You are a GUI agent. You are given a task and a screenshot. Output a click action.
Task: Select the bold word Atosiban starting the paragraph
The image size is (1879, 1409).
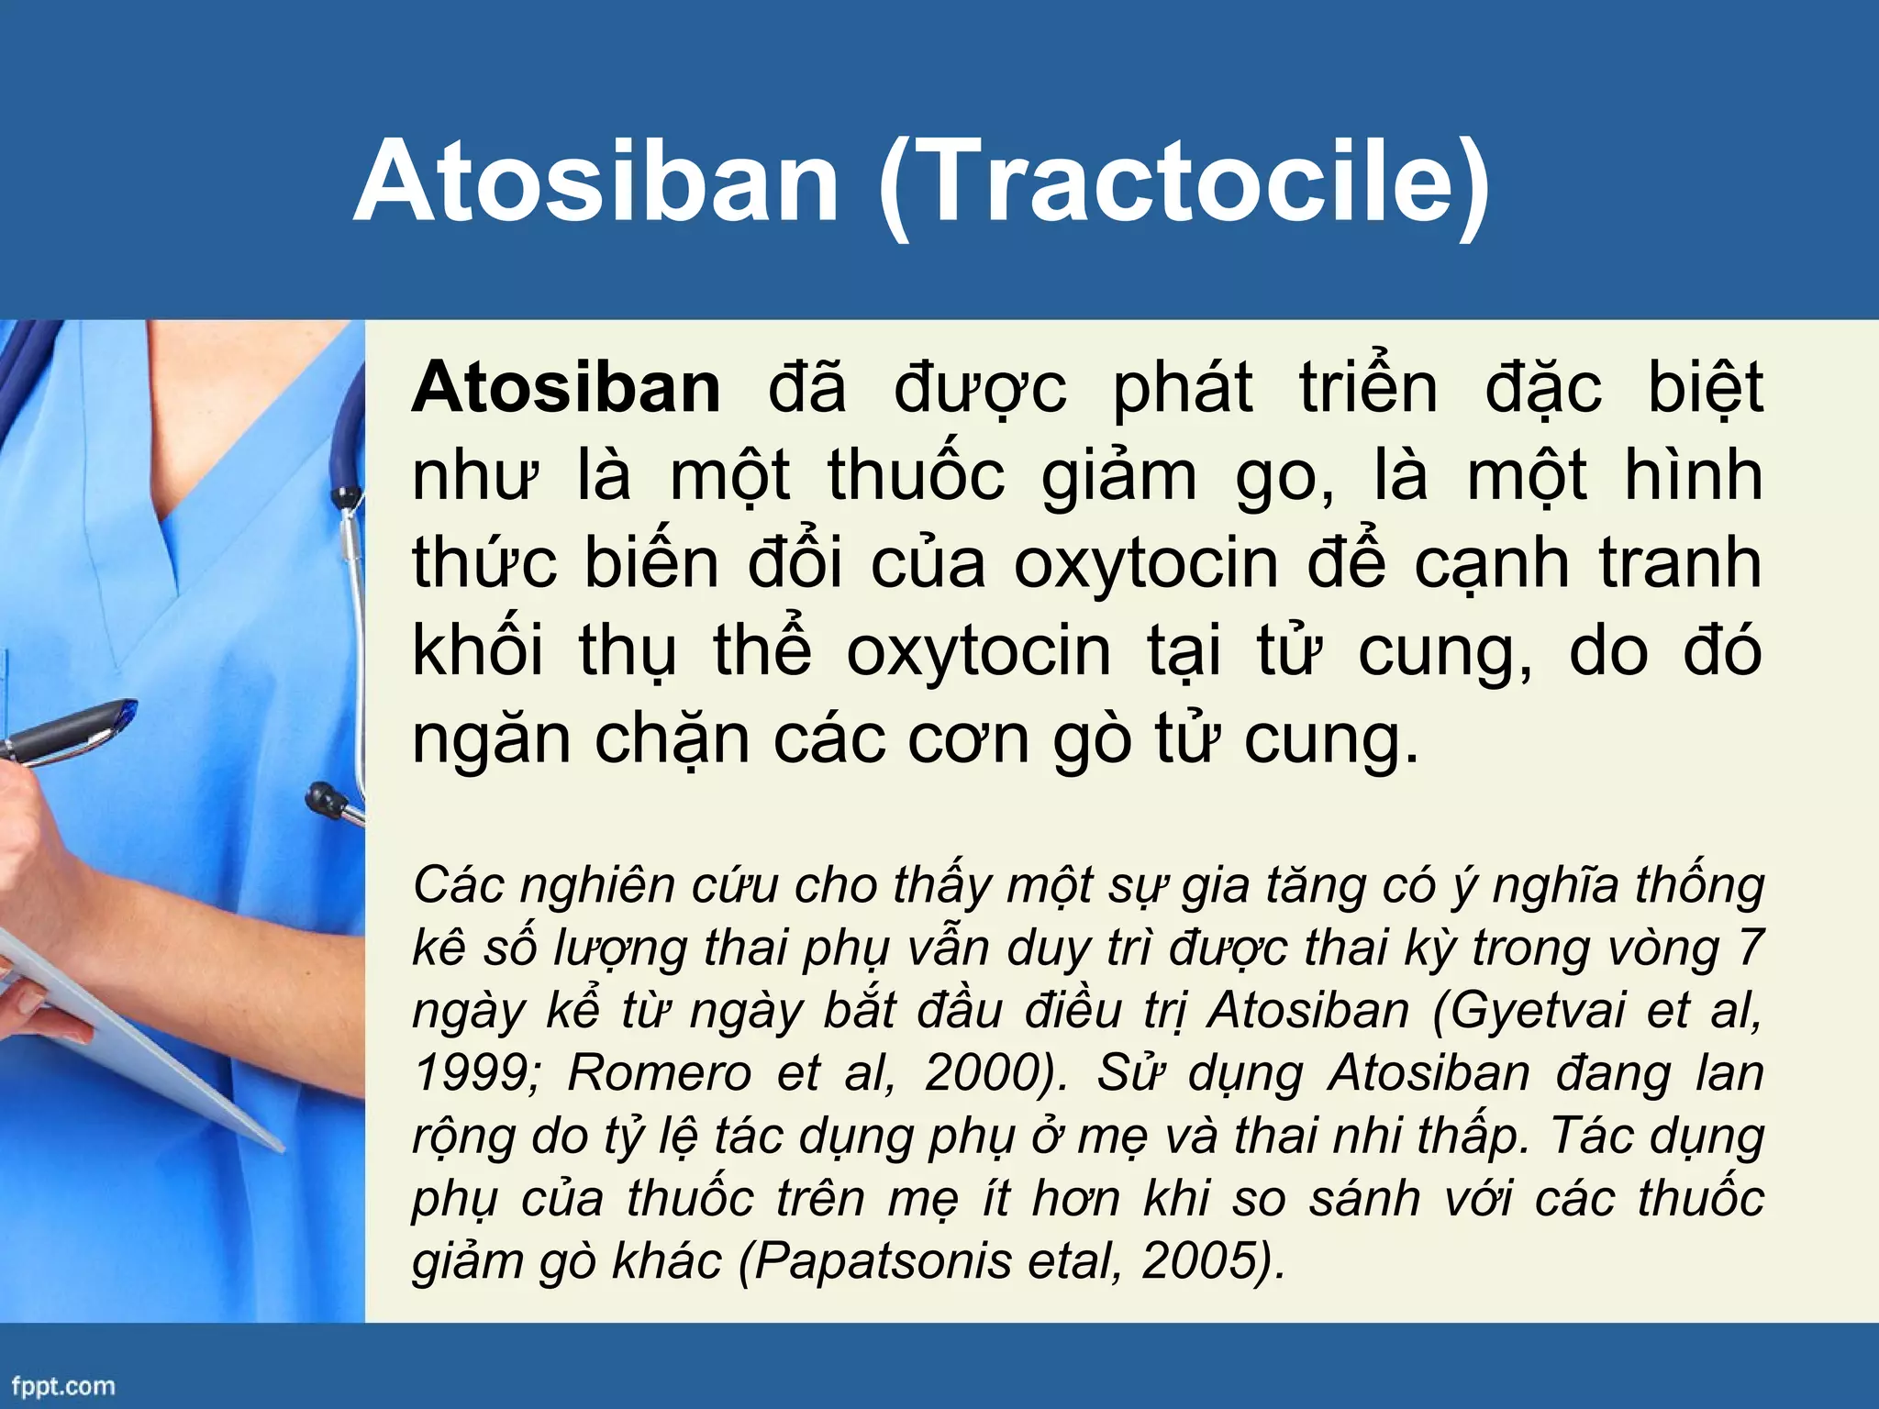pyautogui.click(x=566, y=388)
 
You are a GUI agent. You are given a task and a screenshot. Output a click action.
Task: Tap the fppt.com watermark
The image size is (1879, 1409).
pyautogui.click(x=63, y=1386)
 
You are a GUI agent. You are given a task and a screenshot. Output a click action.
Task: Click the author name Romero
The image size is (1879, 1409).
pyautogui.click(x=660, y=1073)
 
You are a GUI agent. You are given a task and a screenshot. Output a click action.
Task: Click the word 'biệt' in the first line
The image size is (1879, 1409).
pyautogui.click(x=1705, y=388)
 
